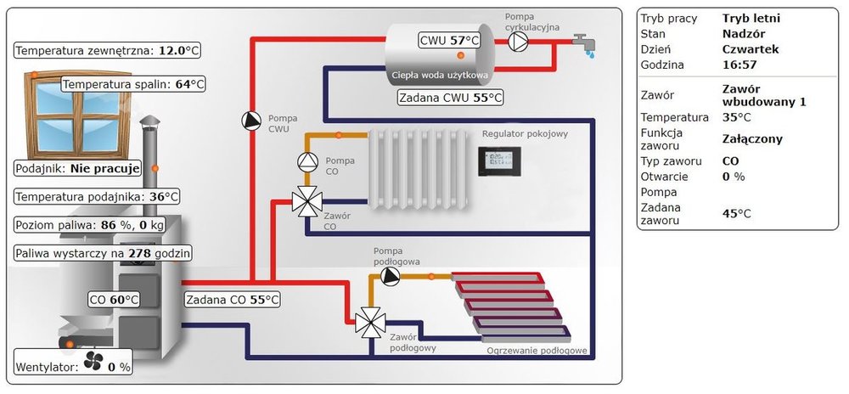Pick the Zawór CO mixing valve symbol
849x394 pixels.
(x=304, y=201)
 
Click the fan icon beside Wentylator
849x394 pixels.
(x=93, y=364)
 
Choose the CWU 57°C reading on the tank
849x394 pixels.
(x=450, y=40)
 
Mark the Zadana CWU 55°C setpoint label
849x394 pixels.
(x=450, y=98)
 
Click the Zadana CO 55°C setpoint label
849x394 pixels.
(x=232, y=299)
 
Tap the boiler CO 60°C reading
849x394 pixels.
(x=114, y=299)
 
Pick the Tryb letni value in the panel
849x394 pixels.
(x=751, y=19)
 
